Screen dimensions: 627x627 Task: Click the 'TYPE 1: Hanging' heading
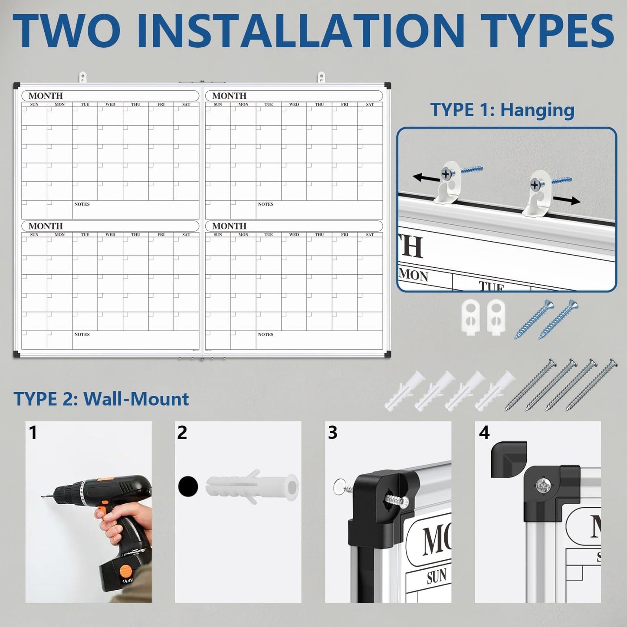(502, 110)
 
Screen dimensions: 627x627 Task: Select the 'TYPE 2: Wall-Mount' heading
(101, 399)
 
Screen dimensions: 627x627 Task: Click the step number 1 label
(33, 433)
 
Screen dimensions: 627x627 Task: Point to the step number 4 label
(484, 433)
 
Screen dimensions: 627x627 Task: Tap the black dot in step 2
(188, 486)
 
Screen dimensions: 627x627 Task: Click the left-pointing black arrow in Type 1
(426, 178)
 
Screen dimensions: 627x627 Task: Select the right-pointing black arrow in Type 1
(567, 200)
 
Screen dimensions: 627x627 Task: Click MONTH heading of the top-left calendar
(46, 95)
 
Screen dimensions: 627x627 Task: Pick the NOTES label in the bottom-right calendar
(266, 334)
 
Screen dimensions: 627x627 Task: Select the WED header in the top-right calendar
(294, 105)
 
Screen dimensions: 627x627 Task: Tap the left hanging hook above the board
(82, 78)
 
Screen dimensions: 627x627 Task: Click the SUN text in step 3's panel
(437, 576)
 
